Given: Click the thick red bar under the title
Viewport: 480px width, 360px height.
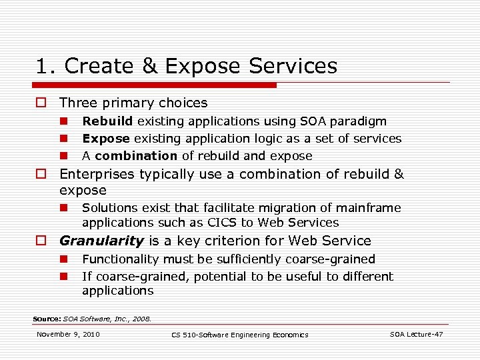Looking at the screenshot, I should click(157, 85).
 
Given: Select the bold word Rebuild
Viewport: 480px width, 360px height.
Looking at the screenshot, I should click(107, 121).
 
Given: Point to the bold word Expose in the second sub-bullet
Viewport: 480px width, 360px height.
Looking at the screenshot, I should click(106, 139).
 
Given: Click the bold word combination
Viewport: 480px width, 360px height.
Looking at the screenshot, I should click(136, 156).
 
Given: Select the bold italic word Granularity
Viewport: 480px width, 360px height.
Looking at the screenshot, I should click(101, 241).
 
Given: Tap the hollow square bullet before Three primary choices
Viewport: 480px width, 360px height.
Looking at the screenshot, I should click(41, 103).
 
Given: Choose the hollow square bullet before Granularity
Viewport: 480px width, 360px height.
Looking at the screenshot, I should click(41, 241).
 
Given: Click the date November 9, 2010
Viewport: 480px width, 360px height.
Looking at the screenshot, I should click(68, 334).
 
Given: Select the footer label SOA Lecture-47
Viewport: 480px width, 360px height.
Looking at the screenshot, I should click(416, 334).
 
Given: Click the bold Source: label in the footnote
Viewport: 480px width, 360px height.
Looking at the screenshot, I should click(47, 319).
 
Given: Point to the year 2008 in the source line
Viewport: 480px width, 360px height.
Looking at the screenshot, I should click(142, 319).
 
